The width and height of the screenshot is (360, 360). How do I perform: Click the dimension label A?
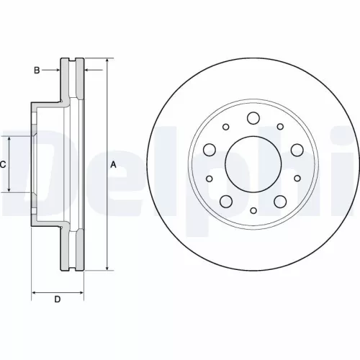[112, 165]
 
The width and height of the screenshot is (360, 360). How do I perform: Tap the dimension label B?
[37, 70]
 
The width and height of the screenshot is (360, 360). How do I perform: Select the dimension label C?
[3, 165]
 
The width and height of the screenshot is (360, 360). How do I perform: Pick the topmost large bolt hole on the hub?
[253, 118]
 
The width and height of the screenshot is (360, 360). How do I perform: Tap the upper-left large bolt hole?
[210, 150]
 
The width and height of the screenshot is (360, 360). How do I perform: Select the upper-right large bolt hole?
[297, 150]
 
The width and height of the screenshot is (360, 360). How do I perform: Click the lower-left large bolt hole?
[225, 201]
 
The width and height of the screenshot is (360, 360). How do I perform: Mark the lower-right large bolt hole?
[280, 201]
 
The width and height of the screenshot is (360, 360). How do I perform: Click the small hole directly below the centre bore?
[253, 211]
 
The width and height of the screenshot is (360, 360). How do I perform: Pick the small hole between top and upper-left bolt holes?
[225, 127]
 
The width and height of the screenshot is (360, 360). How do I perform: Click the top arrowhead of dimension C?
[9, 139]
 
